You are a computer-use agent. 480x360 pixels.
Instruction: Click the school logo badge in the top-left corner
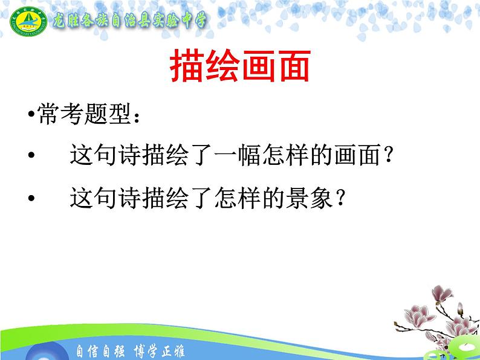(26, 22)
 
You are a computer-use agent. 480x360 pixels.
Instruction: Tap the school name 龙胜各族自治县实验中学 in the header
(129, 21)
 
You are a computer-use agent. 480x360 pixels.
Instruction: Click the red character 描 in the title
(186, 67)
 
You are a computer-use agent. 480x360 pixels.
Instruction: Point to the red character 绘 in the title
(221, 67)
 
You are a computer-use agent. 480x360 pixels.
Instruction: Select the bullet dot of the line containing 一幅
(31, 156)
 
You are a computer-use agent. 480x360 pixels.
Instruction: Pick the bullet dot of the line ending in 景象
(31, 198)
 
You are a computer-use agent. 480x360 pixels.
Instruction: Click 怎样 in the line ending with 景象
(229, 198)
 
